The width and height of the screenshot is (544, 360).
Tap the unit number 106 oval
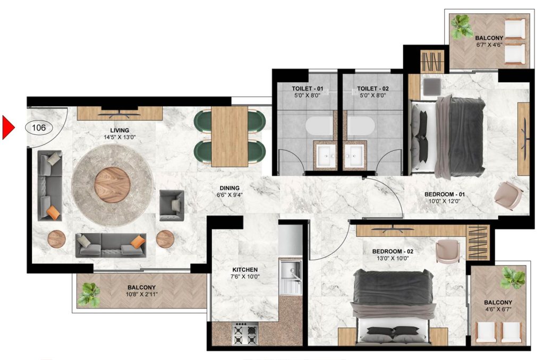point(38,127)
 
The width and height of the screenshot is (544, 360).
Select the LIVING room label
point(120,130)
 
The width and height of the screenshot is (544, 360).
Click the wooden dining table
point(230,136)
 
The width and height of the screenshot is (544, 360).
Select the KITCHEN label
point(244,270)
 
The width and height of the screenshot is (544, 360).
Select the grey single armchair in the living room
point(171,205)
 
